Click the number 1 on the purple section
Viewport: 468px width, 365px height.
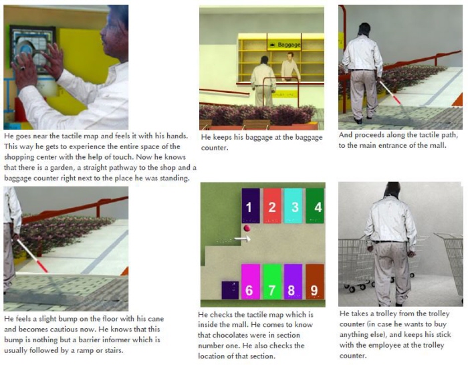[249, 207]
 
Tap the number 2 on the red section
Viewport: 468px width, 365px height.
[272, 207]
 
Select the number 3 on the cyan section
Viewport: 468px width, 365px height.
[295, 207]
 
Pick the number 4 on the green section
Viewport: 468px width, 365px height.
[318, 207]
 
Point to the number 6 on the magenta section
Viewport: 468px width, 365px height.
[249, 290]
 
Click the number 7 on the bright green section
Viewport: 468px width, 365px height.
[271, 290]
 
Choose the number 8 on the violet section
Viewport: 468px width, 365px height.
[291, 290]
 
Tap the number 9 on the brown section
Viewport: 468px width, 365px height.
[314, 290]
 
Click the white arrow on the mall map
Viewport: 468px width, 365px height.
[242, 239]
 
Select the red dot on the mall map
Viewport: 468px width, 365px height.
[247, 229]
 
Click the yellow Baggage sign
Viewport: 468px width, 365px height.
[284, 45]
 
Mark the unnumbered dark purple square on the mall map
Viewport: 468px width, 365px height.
[230, 289]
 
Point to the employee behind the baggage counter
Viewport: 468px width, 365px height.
[290, 67]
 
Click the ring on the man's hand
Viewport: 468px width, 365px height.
[23, 68]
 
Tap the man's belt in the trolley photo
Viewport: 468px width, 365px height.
[389, 241]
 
